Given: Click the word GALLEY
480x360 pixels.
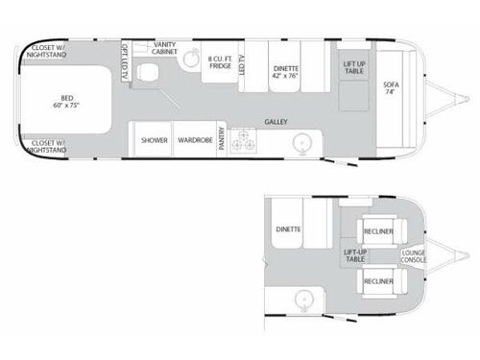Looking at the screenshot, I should pos(278,123).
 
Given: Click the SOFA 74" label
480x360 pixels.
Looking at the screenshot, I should pos(389,87).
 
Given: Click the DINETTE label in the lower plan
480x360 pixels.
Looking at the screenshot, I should pos(289,230).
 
